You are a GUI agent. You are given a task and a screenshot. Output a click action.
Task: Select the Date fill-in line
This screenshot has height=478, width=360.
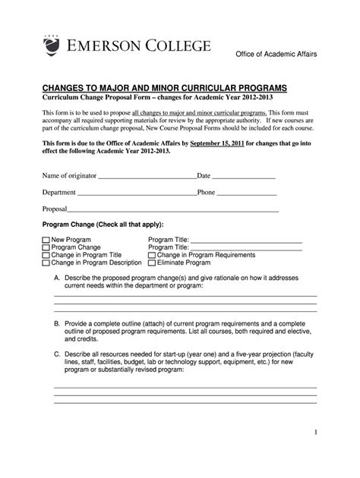(243, 178)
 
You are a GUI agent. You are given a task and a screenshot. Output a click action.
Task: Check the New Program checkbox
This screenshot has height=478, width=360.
(46, 240)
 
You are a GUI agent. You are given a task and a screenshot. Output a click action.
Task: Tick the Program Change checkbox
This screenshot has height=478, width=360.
(46, 247)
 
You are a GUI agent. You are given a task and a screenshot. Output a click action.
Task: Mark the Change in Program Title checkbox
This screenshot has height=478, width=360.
(46, 255)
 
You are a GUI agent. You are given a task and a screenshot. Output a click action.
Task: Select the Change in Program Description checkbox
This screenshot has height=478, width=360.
(46, 263)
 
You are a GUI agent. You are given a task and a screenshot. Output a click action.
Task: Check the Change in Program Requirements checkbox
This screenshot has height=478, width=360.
(152, 255)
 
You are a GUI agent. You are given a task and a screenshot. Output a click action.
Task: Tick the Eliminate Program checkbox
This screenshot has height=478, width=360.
(152, 263)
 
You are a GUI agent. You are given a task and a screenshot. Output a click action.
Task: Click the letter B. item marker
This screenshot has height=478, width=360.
(57, 323)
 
